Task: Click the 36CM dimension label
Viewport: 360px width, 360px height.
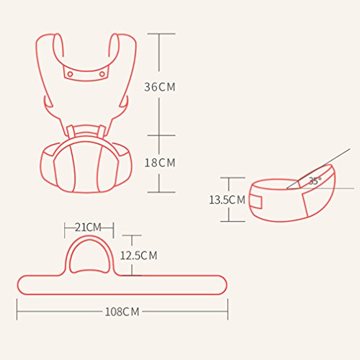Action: tap(160, 87)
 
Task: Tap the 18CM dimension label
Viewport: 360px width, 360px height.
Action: tap(160, 163)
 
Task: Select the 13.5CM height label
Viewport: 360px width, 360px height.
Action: tap(227, 199)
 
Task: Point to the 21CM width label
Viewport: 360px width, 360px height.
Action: tap(89, 228)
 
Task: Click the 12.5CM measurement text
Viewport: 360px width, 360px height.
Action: tap(139, 256)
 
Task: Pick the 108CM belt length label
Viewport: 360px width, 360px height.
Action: tap(122, 312)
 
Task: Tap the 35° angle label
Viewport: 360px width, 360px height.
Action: tap(315, 181)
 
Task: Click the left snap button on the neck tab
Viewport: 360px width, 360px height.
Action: tap(70, 74)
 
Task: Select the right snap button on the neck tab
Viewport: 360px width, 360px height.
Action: tap(102, 74)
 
